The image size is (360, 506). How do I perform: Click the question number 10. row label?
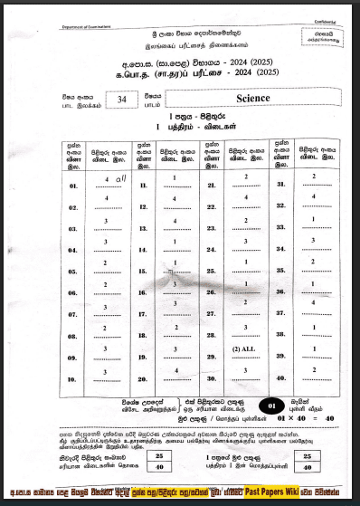tap(74, 380)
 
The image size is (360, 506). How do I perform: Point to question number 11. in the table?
tap(144, 184)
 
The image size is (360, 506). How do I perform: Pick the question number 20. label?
tap(144, 380)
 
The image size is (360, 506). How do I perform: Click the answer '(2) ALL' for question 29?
tap(245, 349)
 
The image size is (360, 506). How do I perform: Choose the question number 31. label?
tap(281, 184)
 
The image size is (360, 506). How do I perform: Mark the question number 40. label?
tap(281, 378)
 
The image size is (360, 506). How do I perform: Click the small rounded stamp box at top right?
tap(317, 36)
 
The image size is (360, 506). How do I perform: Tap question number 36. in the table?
tap(281, 292)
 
